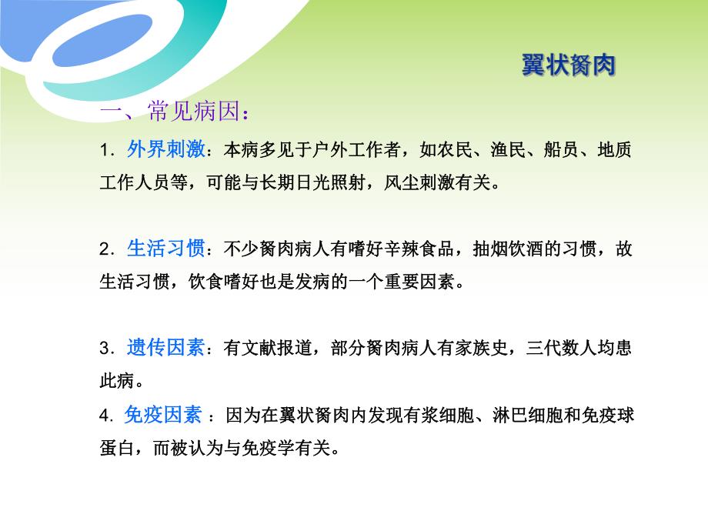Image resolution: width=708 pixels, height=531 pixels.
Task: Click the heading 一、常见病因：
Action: coord(175,113)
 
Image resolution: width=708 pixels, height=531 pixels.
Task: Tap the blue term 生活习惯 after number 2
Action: coord(165,249)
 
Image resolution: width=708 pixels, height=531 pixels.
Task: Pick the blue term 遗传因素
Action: coord(165,348)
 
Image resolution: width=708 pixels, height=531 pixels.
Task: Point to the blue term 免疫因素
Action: coord(162,416)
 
